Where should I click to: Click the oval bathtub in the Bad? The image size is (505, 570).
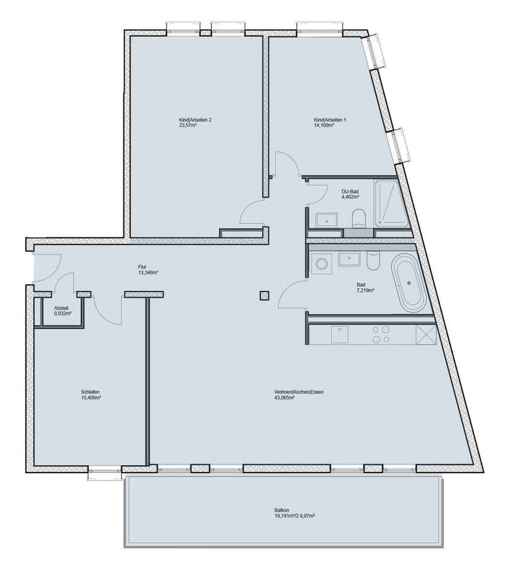tap(409, 283)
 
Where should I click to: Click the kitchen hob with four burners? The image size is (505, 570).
tap(380, 335)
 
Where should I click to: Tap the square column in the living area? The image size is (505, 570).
tap(263, 296)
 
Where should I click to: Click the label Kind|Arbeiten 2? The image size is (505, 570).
tap(191, 120)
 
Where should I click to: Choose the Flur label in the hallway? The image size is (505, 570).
tap(144, 267)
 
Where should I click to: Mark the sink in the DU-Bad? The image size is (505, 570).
tap(330, 219)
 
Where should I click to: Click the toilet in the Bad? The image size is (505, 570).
tap(372, 261)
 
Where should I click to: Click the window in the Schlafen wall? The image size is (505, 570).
tap(105, 470)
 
